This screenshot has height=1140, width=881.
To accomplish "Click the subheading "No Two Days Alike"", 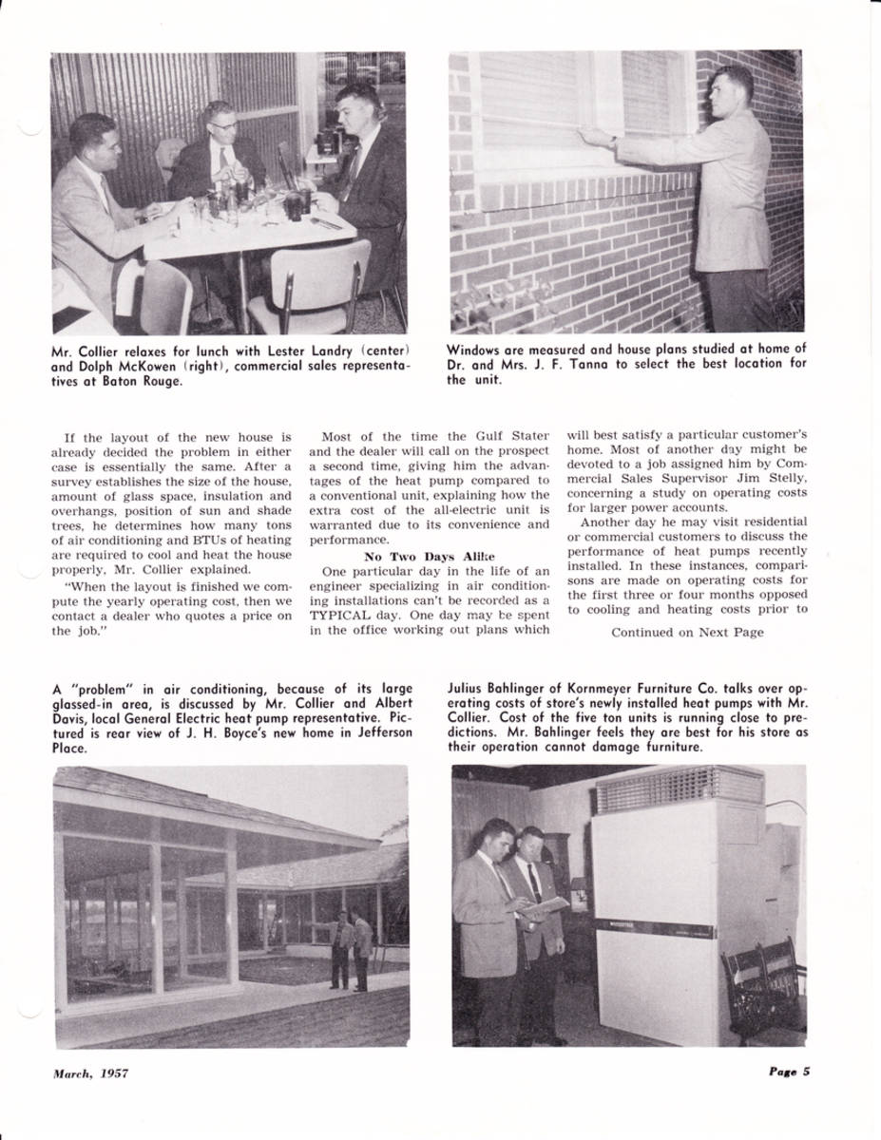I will [429, 556].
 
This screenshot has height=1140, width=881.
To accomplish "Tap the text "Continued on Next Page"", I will [687, 632].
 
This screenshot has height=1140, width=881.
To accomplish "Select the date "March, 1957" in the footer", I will [90, 1073].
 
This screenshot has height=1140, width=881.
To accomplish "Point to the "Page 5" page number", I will [789, 1073].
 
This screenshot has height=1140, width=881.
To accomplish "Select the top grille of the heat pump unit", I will [679, 788].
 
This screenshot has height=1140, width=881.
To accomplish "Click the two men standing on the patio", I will [351, 949].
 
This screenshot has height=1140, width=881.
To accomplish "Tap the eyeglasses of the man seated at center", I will [225, 124].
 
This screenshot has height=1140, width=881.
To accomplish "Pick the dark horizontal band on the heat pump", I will [652, 928].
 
